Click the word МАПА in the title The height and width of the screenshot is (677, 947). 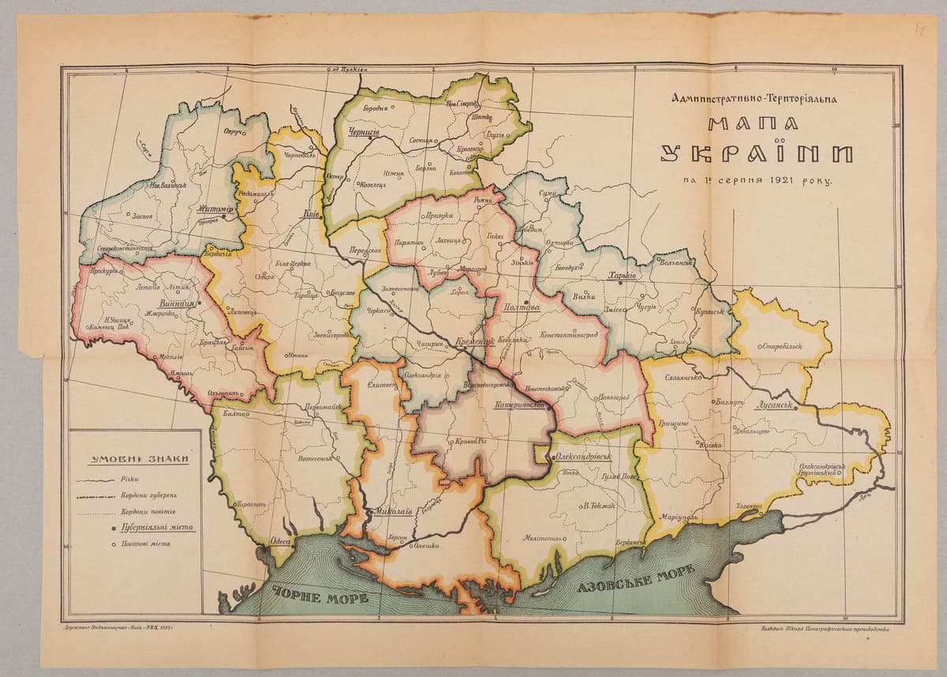(753, 124)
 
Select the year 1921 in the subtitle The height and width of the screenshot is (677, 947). (777, 180)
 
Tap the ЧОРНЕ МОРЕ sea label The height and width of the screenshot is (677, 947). (320, 597)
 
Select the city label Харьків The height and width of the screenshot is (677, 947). (623, 276)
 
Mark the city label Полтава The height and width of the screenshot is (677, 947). (521, 309)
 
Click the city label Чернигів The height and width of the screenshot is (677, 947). (364, 133)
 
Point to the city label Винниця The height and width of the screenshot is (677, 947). (176, 302)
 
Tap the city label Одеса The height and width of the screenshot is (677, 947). (280, 541)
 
